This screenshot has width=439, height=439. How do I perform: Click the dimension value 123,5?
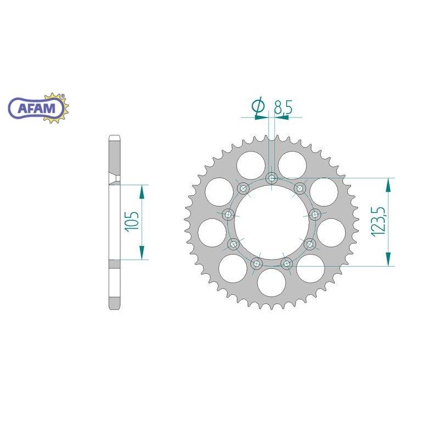378,222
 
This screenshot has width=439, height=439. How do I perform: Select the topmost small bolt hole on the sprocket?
272,178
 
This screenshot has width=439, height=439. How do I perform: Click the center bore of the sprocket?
271,222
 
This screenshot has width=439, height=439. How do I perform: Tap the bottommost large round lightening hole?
271,280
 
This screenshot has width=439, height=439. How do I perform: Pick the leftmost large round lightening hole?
212,231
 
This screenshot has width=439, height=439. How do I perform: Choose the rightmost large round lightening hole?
330,231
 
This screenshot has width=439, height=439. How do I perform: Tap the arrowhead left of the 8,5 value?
263,116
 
